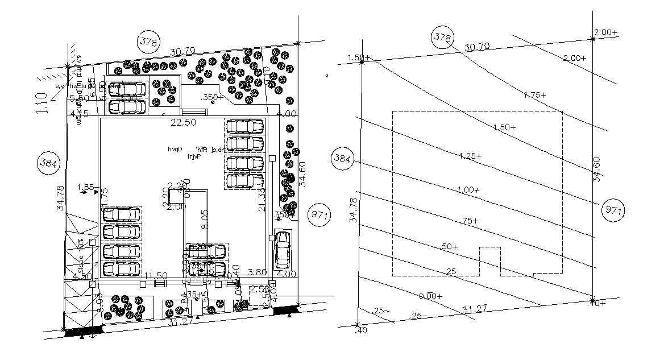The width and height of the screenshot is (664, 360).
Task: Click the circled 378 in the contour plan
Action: point(442,38)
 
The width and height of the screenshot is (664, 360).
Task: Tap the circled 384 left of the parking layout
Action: point(49,163)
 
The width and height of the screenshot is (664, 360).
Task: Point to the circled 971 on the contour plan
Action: point(612,210)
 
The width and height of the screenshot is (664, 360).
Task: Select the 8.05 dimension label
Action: point(205,218)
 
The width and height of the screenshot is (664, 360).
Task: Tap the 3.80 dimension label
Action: point(258,272)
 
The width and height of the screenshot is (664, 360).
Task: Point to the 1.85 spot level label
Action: point(85,187)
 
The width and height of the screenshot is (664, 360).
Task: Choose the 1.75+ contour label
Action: point(534,95)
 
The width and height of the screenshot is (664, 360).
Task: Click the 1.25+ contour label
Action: point(470,156)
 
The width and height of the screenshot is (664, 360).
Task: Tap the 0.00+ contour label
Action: point(430,296)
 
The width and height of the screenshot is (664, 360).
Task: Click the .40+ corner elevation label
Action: point(596,303)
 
